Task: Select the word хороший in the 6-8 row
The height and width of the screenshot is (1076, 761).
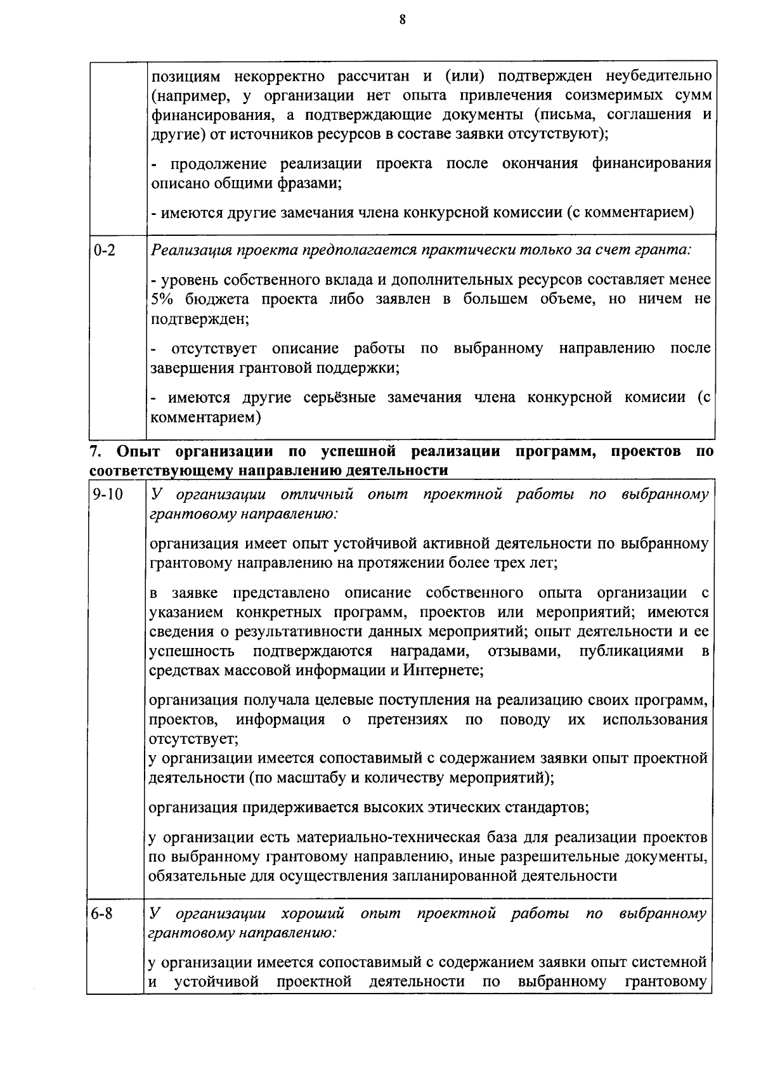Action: coord(313,914)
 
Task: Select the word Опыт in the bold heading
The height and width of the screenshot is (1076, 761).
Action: coord(138,451)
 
